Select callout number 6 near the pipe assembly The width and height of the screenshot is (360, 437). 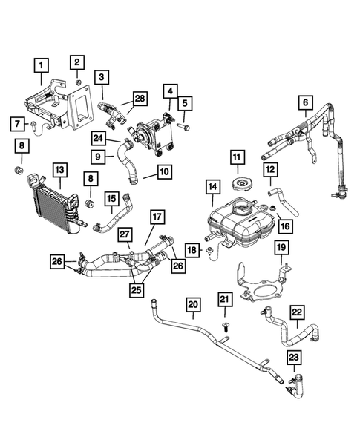(304, 102)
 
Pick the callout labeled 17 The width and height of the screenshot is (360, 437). (157, 217)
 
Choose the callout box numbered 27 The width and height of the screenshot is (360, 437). (125, 234)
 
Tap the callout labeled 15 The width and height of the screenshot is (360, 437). (112, 198)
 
